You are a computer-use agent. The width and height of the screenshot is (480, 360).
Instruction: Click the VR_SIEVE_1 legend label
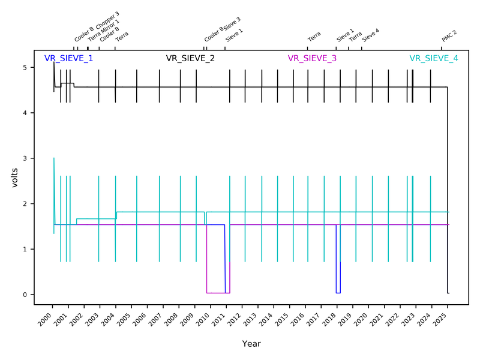point(68,59)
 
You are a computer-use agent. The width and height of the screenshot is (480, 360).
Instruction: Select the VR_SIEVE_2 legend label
point(190,59)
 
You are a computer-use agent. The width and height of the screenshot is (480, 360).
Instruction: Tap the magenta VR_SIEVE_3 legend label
point(312,59)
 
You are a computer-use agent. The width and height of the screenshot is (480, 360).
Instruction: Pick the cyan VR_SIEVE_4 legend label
point(434,59)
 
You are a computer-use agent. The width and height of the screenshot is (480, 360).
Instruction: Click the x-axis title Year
point(251,344)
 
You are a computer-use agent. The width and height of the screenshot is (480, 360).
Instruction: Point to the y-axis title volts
point(16,178)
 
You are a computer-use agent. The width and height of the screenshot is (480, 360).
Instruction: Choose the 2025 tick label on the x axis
point(440,319)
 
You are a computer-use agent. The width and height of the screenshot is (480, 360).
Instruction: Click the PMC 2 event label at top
point(449,36)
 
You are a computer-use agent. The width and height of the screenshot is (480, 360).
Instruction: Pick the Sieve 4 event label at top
point(371,35)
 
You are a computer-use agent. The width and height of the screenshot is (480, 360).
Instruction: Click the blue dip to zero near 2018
point(338,292)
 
